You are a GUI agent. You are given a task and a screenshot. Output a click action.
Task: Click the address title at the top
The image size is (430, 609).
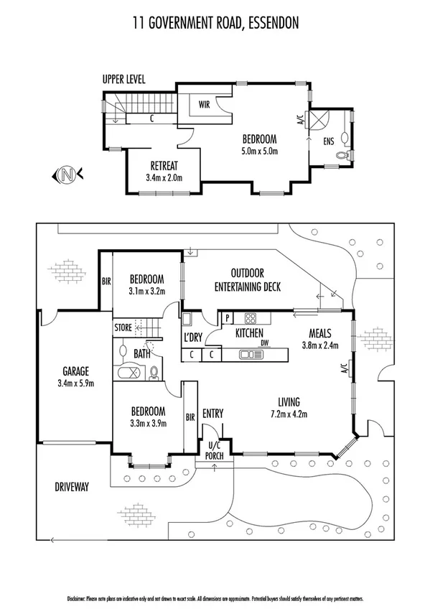click(x=215, y=24)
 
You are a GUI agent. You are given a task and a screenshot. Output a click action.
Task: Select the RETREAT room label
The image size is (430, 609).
click(x=164, y=164)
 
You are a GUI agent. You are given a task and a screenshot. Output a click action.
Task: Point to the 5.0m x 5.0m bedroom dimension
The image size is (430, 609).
click(x=259, y=151)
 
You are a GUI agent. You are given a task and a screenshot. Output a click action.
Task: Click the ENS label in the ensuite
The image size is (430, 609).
click(x=329, y=141)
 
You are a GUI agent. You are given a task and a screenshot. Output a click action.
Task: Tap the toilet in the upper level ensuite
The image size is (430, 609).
click(x=344, y=155)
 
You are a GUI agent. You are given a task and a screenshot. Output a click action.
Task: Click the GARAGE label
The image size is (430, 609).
click(x=75, y=371)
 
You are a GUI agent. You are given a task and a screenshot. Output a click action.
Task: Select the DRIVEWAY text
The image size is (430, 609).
click(x=72, y=487)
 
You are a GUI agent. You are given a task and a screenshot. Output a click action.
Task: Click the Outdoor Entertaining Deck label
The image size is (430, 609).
click(x=247, y=280)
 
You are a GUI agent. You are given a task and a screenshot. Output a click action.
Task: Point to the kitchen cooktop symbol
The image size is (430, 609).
click(x=251, y=319)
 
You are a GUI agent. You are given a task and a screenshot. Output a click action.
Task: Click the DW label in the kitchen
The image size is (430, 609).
click(x=264, y=343)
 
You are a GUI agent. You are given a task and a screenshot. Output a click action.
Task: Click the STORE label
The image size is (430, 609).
click(x=123, y=329)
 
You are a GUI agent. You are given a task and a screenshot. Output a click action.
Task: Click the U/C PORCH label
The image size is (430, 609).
click(x=213, y=450)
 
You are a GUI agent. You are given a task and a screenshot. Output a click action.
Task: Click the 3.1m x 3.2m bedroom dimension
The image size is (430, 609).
click(x=147, y=292)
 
